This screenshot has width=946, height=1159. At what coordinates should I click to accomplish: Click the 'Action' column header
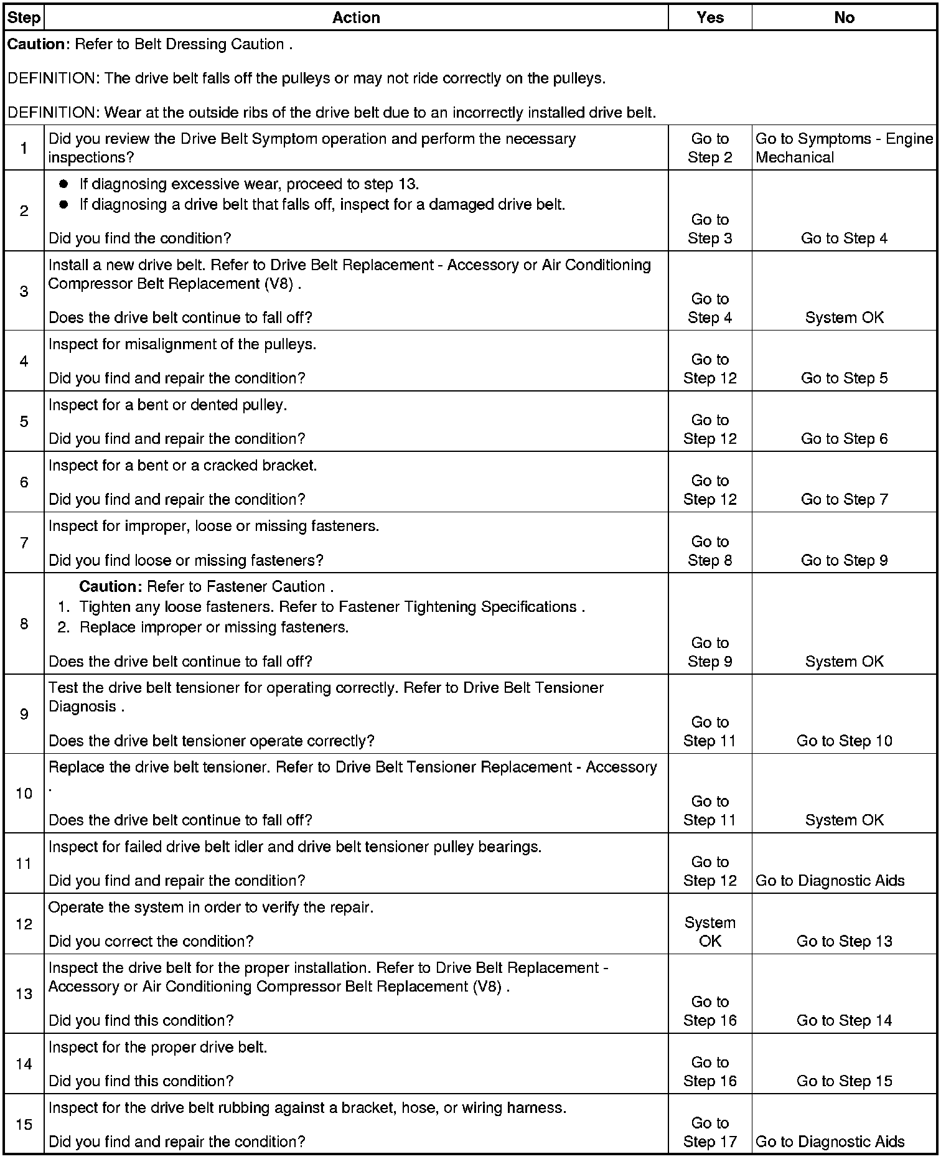coord(356,17)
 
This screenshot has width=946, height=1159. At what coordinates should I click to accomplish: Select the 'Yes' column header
coord(709,17)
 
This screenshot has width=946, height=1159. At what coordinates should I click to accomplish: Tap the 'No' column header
coord(844,17)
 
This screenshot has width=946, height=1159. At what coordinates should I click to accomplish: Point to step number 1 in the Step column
coord(24,148)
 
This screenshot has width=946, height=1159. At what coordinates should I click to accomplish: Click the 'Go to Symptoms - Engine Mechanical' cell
coord(844,148)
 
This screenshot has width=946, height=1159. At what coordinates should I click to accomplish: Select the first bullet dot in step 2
coord(63,184)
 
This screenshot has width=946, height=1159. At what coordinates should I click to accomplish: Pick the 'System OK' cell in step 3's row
coord(844,317)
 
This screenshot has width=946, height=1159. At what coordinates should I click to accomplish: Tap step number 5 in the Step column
coord(24,421)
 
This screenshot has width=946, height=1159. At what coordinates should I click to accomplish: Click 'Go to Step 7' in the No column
coord(844,499)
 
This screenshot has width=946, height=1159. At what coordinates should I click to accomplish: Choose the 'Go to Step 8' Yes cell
coord(709,551)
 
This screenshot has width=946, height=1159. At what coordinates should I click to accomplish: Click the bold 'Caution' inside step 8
coord(111,587)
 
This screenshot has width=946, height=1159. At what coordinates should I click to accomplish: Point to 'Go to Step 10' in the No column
coord(844,741)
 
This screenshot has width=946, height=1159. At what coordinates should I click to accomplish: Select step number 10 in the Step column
coord(24,793)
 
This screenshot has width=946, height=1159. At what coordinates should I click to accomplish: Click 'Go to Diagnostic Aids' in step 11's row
coord(830,881)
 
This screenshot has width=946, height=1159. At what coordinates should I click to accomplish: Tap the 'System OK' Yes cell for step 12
coord(709,932)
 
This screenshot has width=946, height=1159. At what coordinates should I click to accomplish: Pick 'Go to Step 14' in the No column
coord(844,1020)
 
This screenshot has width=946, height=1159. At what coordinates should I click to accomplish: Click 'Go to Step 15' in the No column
coord(844,1081)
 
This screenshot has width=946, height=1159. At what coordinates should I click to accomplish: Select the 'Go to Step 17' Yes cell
coord(709,1132)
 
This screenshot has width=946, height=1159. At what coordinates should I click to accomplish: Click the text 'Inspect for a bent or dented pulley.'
coord(167,405)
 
